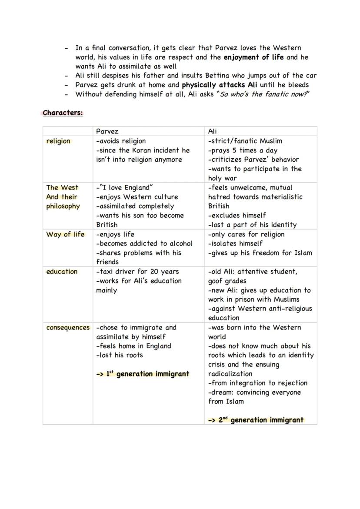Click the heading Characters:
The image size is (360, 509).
[x=63, y=113]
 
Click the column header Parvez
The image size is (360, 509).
[x=107, y=131]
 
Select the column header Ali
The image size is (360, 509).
[x=212, y=131]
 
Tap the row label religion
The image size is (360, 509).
[x=58, y=141]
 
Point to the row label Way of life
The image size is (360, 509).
[x=65, y=234]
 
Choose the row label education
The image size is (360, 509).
[x=62, y=272]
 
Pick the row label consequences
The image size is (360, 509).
[x=68, y=328]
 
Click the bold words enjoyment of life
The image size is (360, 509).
[x=253, y=57]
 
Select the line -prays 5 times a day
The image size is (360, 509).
[x=243, y=150]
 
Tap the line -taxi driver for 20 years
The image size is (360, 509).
[x=137, y=272]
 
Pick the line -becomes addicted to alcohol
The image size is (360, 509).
[x=144, y=244]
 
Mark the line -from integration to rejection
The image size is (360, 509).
[x=257, y=383]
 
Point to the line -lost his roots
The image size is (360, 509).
[x=120, y=355]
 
